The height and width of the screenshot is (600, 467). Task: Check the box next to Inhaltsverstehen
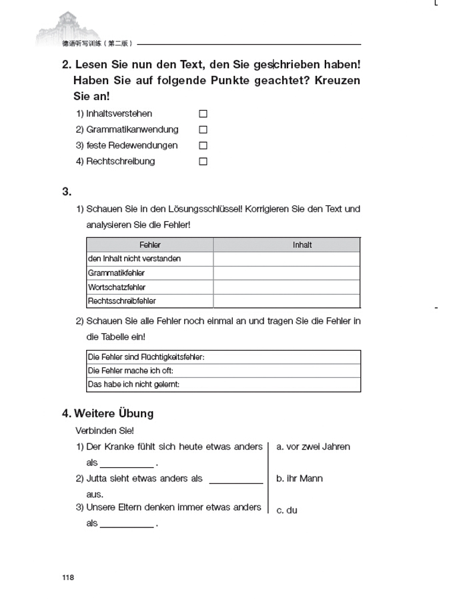203,114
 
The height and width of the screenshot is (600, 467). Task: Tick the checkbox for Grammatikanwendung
203,130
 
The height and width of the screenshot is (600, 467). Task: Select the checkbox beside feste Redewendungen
203,145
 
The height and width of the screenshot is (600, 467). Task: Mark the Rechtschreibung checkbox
203,161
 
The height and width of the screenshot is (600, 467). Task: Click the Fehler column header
150,245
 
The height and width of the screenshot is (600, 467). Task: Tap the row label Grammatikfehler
116,273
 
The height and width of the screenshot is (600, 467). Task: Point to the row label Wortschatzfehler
117,287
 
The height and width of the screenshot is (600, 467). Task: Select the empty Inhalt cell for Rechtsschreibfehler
286,301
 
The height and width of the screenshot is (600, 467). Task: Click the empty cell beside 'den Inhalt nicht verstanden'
286,259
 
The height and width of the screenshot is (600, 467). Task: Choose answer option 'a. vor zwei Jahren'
313,447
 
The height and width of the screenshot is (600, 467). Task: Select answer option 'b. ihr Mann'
300,479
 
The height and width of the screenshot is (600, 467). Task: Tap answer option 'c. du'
287,510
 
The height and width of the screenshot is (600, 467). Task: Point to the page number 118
68,577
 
